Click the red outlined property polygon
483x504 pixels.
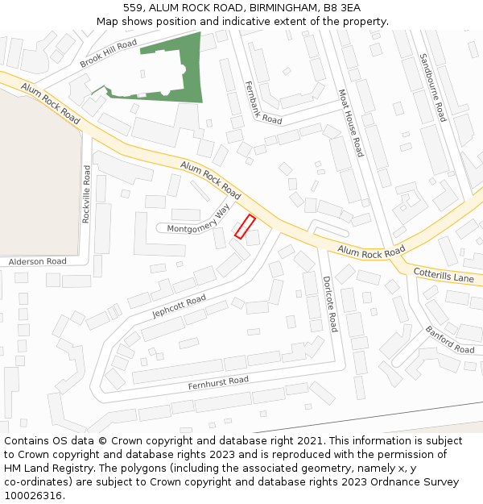[x=245, y=227]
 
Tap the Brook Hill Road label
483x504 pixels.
[x=109, y=53]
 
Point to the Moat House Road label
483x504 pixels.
[x=351, y=123]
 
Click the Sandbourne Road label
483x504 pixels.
[x=432, y=87]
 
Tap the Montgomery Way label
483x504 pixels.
[x=199, y=221]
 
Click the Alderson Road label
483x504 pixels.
[x=38, y=261]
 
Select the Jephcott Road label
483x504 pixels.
[x=179, y=306]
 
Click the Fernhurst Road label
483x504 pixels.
[x=218, y=383]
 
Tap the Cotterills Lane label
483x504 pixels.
[x=444, y=274]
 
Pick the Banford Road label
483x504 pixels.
[x=450, y=339]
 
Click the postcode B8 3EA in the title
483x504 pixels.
[x=342, y=7]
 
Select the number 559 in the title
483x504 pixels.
[x=134, y=7]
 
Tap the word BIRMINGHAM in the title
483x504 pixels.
[x=275, y=7]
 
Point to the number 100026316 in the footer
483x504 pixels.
[x=32, y=495]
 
